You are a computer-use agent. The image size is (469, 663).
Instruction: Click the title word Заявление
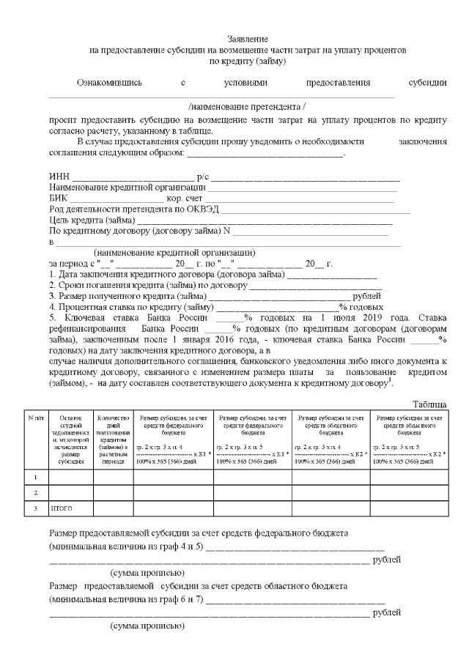[x=248, y=39]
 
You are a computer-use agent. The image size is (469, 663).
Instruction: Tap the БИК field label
[x=59, y=199]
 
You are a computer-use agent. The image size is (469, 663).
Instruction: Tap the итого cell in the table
[x=60, y=508]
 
